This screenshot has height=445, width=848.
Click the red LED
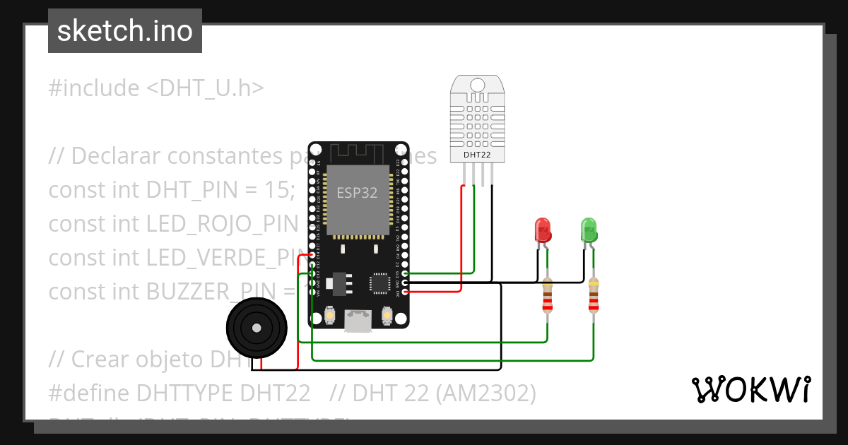(543, 230)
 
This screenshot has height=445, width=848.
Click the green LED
(589, 230)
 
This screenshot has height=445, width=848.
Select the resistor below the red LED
(547, 295)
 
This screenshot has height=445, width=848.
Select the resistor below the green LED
(594, 295)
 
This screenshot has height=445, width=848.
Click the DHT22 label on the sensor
(477, 154)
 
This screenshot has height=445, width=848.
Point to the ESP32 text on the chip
(357, 193)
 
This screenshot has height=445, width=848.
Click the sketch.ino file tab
(125, 31)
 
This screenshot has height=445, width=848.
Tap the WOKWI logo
(750, 389)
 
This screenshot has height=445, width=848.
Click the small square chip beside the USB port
(378, 283)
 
